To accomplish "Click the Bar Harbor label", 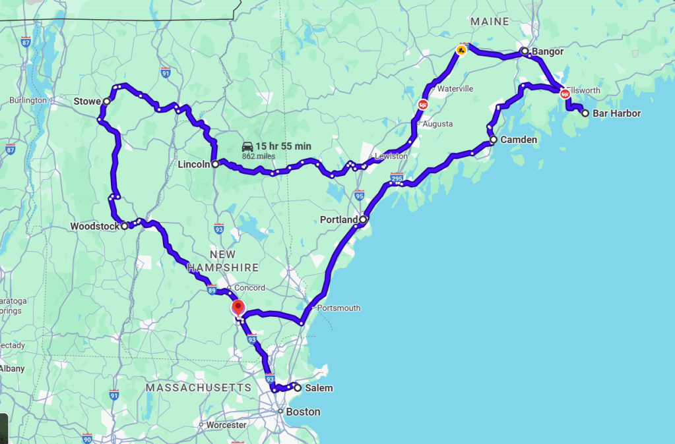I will coord(616,113).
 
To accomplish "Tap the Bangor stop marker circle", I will coord(525,51).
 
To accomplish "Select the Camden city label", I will coord(519,140).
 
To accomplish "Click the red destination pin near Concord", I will coord(238,307).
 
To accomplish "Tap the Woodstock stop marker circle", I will coord(124,226).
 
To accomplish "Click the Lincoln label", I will coord(193,164).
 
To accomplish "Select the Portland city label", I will coord(338,219).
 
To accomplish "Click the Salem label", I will coord(319,388).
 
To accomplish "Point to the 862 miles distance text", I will coord(258,156).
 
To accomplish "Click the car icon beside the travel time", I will coord(247,146).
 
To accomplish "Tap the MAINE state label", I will coord(490,22).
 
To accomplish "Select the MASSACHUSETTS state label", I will coord(199,388).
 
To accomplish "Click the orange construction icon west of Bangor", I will coord(461,49).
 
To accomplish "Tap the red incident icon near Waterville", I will coord(423,104).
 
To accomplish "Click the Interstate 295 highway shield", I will coord(397,178).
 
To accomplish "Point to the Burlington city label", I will coord(28,100).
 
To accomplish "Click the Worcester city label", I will coord(226,425).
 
